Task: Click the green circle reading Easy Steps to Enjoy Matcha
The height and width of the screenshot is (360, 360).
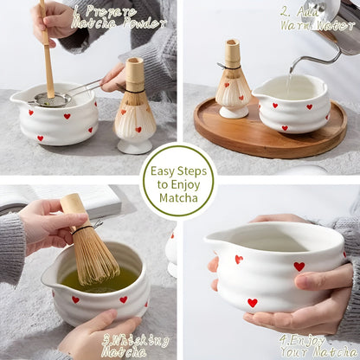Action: (178, 180)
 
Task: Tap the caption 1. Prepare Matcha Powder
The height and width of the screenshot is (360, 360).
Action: (105, 16)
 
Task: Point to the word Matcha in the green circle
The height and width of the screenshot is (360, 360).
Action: (178, 198)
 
